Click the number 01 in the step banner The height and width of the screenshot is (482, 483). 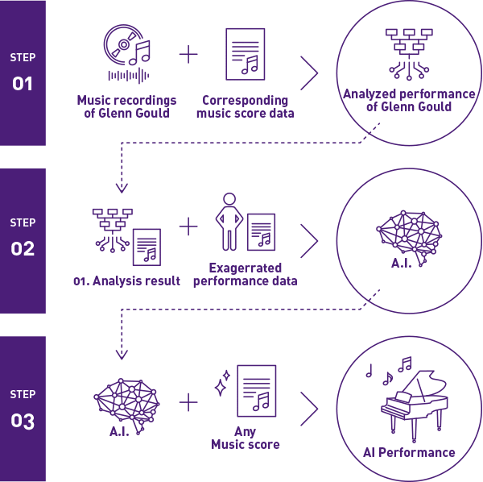click(x=23, y=82)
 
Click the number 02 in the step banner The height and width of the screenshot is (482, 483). click(x=23, y=249)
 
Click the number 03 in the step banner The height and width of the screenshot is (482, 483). click(x=23, y=421)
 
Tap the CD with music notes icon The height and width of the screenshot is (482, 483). click(x=126, y=54)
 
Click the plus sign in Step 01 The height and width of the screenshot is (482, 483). click(x=188, y=55)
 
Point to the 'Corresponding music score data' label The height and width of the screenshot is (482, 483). click(x=246, y=106)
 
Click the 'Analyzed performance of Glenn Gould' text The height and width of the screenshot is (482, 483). click(x=409, y=100)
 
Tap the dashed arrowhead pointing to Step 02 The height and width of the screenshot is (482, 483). click(x=122, y=188)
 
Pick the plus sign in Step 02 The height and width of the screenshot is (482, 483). click(x=188, y=227)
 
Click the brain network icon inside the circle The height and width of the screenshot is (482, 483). click(x=409, y=231)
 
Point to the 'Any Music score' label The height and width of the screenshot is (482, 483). click(x=245, y=438)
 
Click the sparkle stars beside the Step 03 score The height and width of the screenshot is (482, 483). click(x=222, y=385)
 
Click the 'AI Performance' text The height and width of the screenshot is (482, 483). click(x=409, y=452)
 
